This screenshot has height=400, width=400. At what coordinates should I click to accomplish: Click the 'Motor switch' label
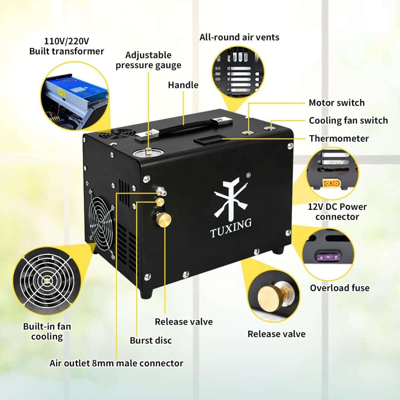click(336, 103)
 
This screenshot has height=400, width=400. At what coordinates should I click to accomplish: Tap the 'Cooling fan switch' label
click(348, 120)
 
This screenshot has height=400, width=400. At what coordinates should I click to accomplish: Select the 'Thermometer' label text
click(339, 138)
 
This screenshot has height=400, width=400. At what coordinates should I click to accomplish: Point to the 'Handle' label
click(183, 85)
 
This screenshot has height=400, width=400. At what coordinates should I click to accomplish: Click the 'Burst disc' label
click(151, 340)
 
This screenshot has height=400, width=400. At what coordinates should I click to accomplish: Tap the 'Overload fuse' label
click(339, 288)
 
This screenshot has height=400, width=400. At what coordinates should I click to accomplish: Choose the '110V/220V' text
click(67, 41)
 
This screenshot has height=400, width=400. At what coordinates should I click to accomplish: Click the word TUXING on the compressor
click(231, 229)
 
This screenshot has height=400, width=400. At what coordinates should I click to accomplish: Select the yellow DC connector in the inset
click(331, 183)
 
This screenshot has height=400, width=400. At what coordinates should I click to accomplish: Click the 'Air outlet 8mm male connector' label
click(116, 363)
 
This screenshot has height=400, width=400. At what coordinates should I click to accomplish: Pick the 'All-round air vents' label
click(239, 37)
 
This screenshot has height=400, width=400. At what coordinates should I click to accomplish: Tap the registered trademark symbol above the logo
click(248, 175)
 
